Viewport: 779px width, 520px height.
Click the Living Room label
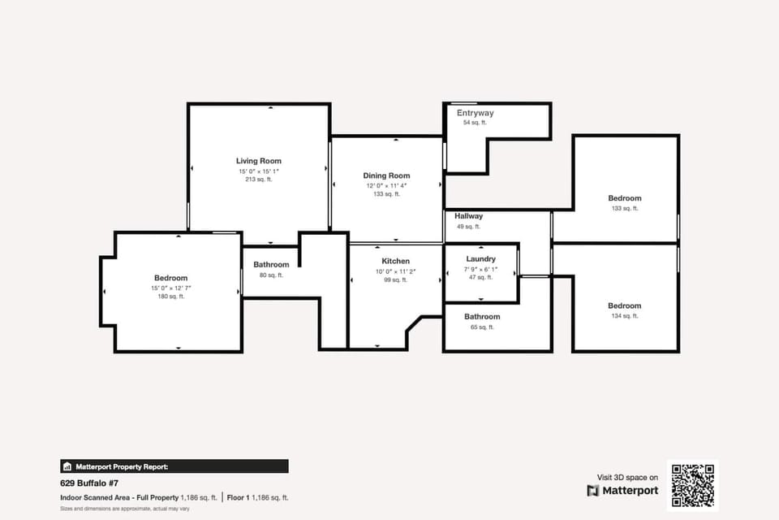pyautogui.click(x=259, y=161)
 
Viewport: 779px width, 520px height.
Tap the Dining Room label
pyautogui.click(x=386, y=175)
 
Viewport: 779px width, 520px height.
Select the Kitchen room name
pyautogui.click(x=396, y=261)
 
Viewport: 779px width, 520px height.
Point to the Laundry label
pyautogui.click(x=480, y=259)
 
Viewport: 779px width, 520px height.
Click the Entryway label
pyautogui.click(x=475, y=113)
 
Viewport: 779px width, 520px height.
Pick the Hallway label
pyautogui.click(x=469, y=216)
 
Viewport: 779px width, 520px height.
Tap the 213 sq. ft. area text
pyautogui.click(x=259, y=180)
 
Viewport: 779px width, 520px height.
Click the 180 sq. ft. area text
pyautogui.click(x=171, y=297)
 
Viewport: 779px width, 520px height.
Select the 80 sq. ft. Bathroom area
pyautogui.click(x=271, y=275)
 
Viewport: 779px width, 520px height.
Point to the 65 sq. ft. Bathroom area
pyautogui.click(x=482, y=327)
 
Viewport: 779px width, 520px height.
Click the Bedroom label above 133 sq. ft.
pyautogui.click(x=625, y=198)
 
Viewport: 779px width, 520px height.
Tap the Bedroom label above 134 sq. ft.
pyautogui.click(x=625, y=306)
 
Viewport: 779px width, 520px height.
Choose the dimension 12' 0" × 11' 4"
pyautogui.click(x=386, y=186)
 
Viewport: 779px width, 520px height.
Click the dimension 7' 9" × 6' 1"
pyautogui.click(x=480, y=269)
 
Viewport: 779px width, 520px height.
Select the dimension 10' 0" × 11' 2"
pyautogui.click(x=396, y=271)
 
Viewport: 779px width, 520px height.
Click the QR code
pyautogui.click(x=692, y=485)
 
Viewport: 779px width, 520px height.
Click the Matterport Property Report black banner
pyautogui.click(x=174, y=466)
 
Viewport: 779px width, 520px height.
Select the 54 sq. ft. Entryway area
pyautogui.click(x=475, y=123)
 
